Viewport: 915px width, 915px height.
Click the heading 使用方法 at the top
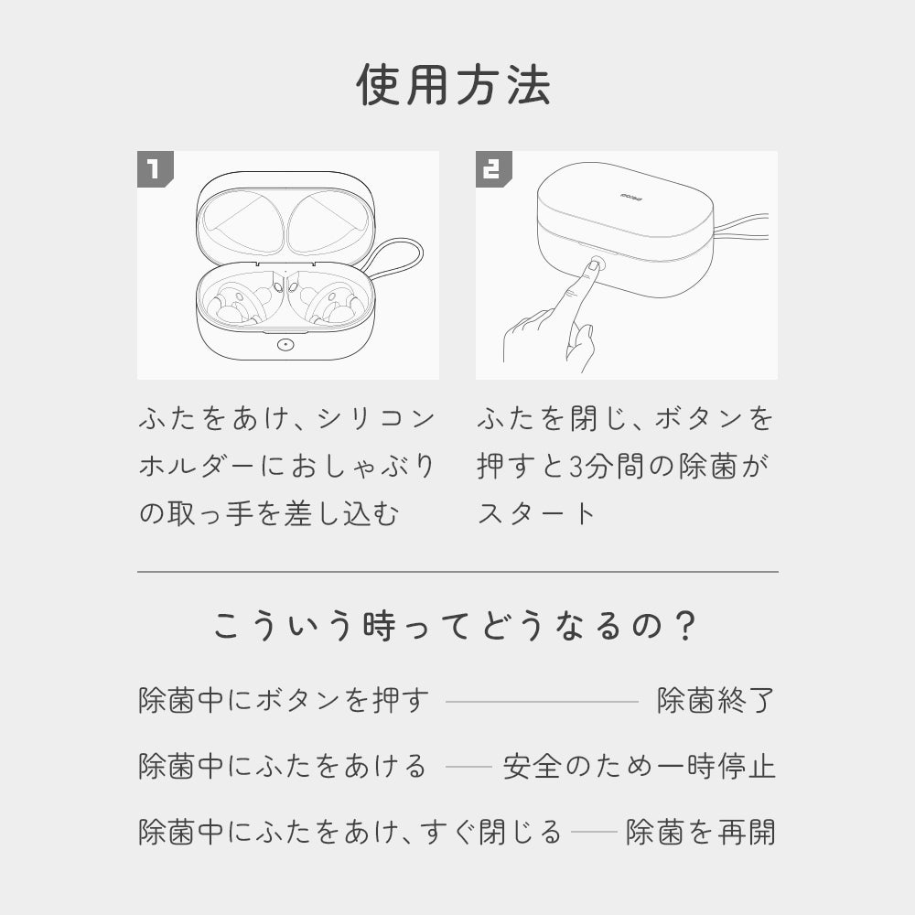click(x=454, y=85)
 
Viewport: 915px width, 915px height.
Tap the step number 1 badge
click(x=155, y=169)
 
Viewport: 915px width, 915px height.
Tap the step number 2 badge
click(x=493, y=169)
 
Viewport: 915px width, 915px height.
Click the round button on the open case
click(x=285, y=344)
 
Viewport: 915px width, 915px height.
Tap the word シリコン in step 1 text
click(x=376, y=418)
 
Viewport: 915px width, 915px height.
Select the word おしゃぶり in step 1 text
click(x=363, y=467)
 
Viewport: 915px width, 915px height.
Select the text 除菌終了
click(x=716, y=700)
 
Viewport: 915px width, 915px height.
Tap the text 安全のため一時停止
click(x=639, y=766)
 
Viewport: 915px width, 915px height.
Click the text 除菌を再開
click(x=700, y=832)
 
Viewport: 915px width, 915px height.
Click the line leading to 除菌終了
click(x=542, y=702)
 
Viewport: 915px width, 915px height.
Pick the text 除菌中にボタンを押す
click(x=284, y=700)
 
